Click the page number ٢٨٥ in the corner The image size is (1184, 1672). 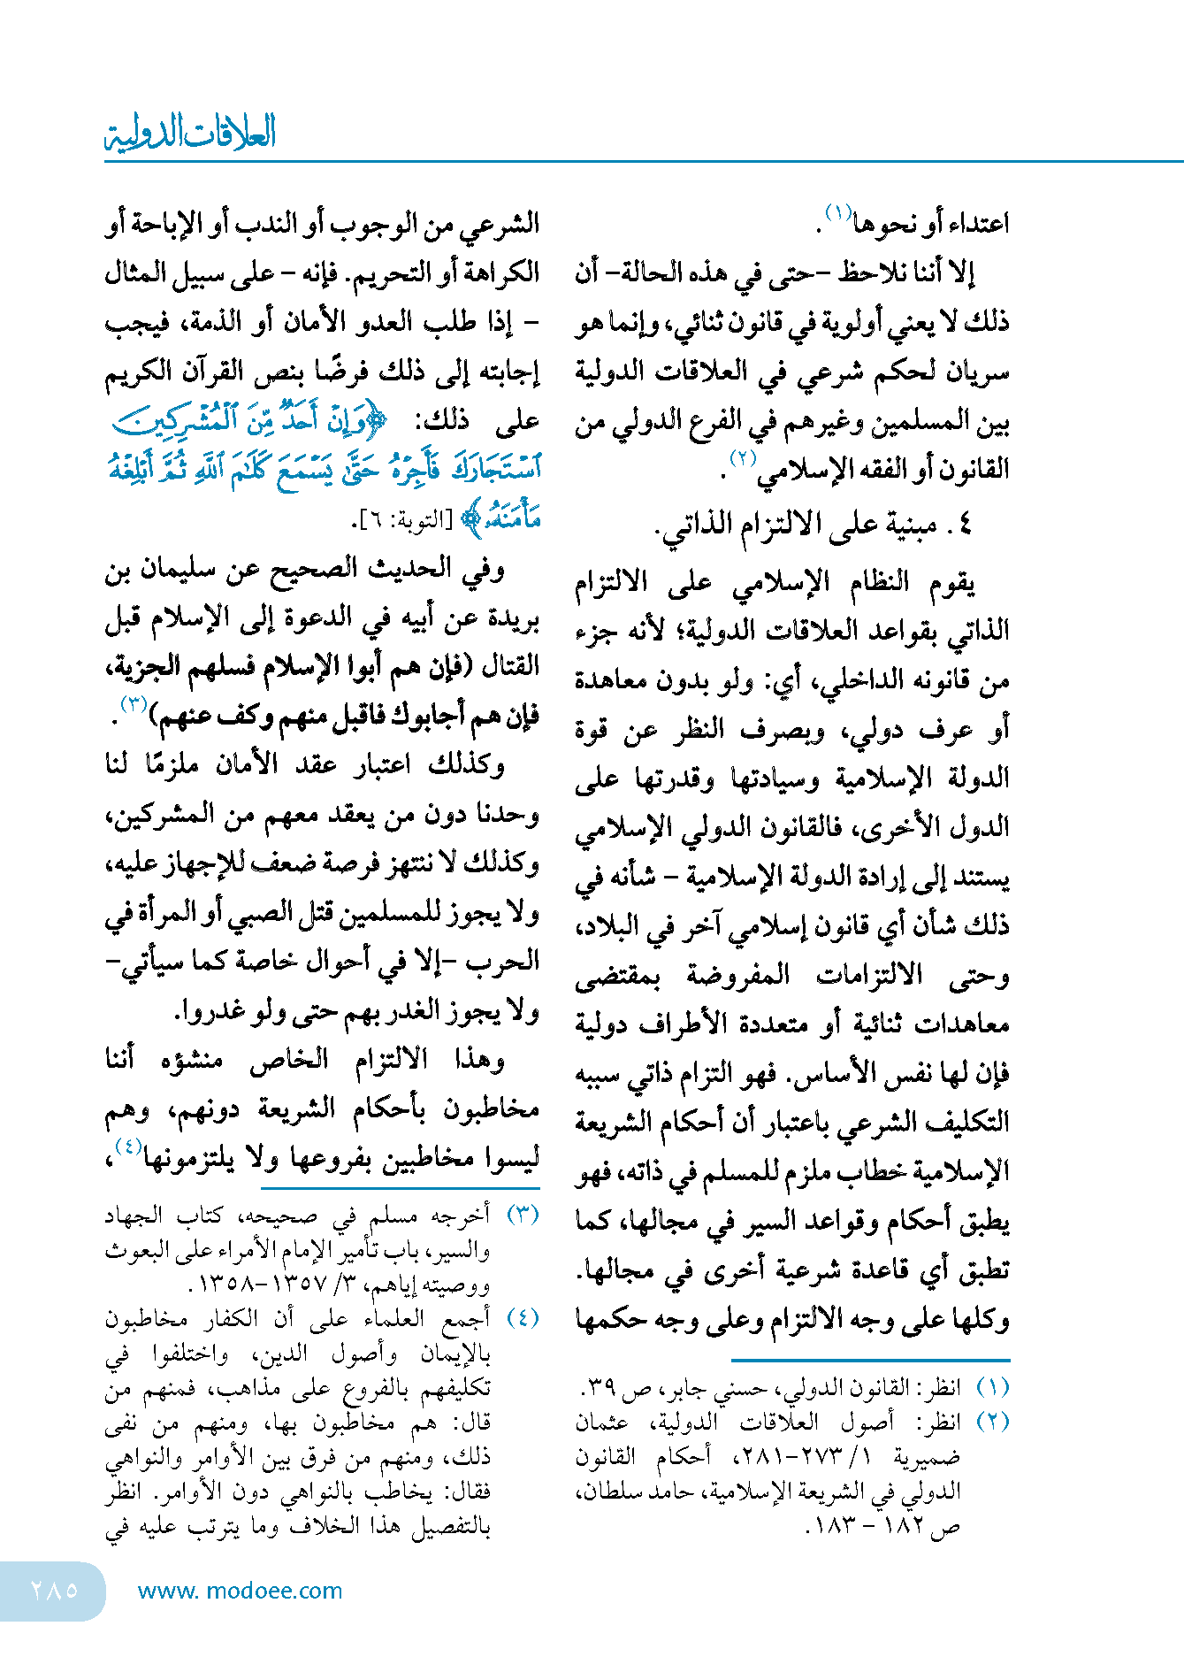54,1590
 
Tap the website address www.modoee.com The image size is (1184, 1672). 240,1591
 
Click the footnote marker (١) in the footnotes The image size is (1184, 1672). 992,1387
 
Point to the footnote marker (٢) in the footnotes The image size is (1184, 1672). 992,1422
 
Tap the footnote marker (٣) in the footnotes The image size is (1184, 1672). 522,1215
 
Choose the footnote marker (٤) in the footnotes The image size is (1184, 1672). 522,1318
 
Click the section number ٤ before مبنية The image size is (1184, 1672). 964,525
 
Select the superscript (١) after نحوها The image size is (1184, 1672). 837,212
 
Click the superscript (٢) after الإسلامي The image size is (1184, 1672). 742,458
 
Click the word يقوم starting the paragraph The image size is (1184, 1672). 951,583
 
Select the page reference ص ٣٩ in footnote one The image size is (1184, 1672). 602,1388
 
